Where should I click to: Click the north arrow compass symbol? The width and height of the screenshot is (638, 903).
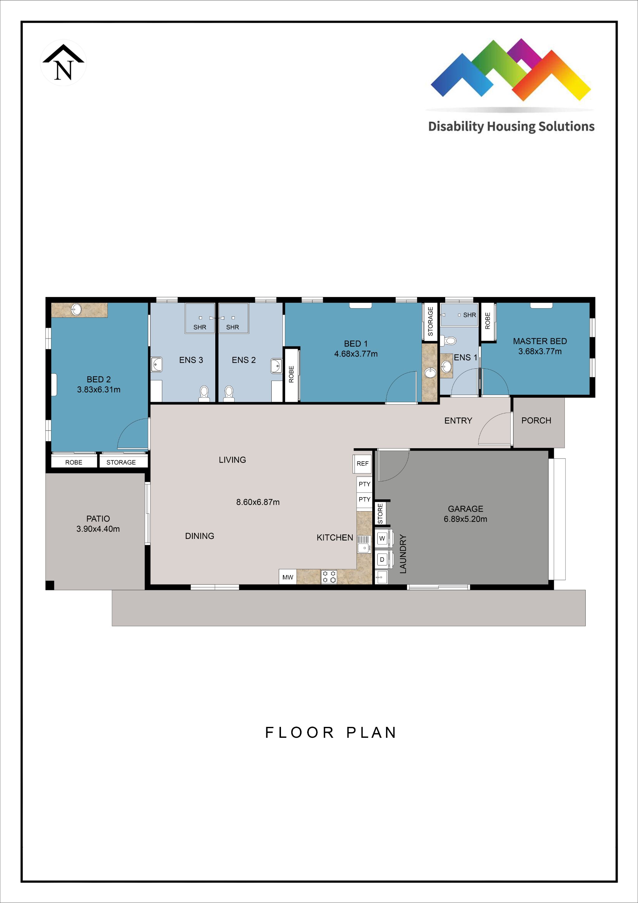pyautogui.click(x=63, y=63)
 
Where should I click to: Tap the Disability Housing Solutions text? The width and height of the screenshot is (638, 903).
pyautogui.click(x=511, y=127)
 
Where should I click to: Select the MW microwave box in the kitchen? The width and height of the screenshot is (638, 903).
pyautogui.click(x=288, y=577)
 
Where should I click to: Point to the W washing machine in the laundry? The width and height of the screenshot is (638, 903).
pyautogui.click(x=382, y=538)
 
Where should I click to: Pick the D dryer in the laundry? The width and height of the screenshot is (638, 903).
pyautogui.click(x=382, y=559)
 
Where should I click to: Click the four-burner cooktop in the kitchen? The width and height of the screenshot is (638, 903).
pyautogui.click(x=329, y=577)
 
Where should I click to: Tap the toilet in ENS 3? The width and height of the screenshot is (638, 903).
pyautogui.click(x=204, y=394)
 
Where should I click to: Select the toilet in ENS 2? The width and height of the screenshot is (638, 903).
pyautogui.click(x=229, y=394)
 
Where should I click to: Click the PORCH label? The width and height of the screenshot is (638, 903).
pyautogui.click(x=536, y=420)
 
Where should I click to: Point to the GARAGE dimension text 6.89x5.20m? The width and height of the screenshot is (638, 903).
pyautogui.click(x=465, y=519)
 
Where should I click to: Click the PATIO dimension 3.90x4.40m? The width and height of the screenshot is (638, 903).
pyautogui.click(x=98, y=529)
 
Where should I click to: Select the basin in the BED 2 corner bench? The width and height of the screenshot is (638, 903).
pyautogui.click(x=76, y=310)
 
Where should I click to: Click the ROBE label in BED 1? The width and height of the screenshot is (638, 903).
pyautogui.click(x=291, y=374)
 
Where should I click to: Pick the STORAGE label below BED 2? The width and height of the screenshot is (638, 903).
pyautogui.click(x=121, y=463)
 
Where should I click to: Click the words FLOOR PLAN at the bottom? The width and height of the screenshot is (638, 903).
pyautogui.click(x=331, y=732)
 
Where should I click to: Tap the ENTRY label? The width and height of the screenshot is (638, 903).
pyautogui.click(x=458, y=420)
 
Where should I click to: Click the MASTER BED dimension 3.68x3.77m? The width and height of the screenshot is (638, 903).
pyautogui.click(x=540, y=351)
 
